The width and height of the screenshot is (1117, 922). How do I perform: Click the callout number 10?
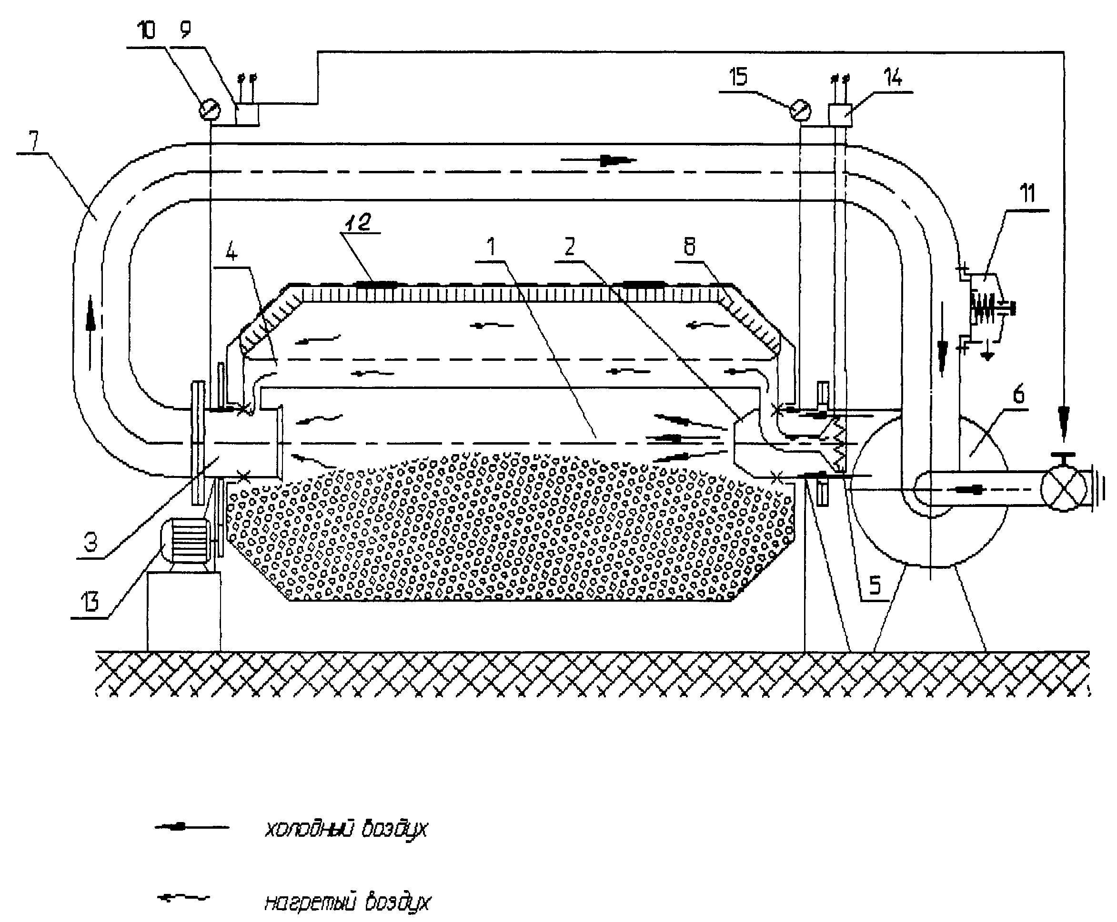coord(146,30)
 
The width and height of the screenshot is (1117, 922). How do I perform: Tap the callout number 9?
coord(184,29)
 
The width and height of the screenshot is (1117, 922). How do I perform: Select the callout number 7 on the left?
coord(33,141)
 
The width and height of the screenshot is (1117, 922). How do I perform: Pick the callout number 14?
coord(893,78)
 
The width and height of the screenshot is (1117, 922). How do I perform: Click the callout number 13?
coord(91,602)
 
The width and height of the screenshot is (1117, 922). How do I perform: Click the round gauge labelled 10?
coord(210,110)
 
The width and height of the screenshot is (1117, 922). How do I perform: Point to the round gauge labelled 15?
coord(801,111)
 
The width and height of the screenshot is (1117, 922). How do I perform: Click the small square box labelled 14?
coord(840,115)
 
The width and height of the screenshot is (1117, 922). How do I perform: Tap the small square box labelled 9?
coord(247,114)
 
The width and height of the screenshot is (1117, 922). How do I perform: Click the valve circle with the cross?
coord(1063,489)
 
